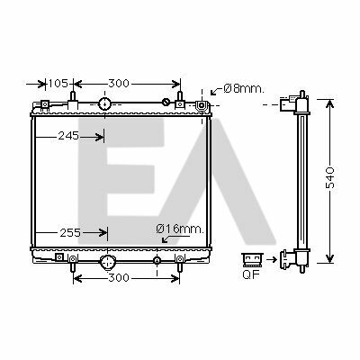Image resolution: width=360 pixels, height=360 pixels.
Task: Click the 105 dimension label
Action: [x=58, y=84]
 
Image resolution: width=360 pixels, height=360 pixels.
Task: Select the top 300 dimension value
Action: [x=119, y=84]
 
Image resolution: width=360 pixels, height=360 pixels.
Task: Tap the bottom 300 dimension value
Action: [x=119, y=278]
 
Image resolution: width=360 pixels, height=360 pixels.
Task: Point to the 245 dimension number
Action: [x=68, y=136]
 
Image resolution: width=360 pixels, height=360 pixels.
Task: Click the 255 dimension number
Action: [x=70, y=232]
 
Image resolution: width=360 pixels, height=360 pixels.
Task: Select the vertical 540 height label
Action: [x=330, y=178]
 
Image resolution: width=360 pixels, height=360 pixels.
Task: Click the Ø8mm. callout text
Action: [x=244, y=88]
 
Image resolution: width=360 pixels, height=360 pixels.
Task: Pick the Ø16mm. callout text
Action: [x=180, y=229]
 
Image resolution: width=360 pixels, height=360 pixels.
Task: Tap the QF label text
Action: [x=251, y=274]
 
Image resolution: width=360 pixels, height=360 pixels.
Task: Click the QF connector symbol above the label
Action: [x=252, y=260]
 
